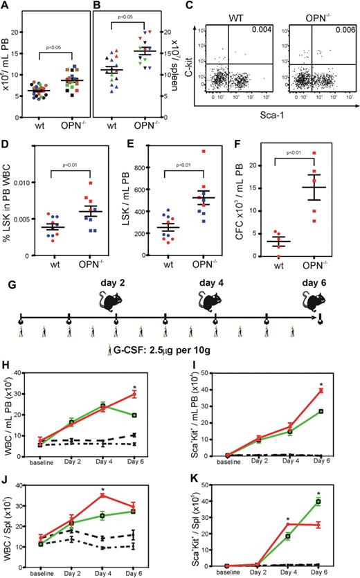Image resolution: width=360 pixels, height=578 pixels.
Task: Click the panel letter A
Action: click(x=5, y=6)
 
